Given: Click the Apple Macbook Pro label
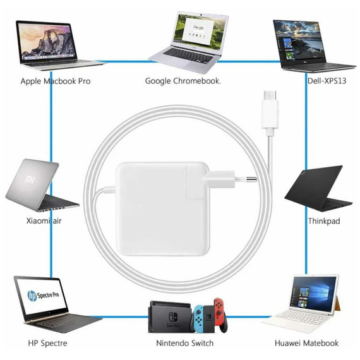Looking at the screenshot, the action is (56, 81).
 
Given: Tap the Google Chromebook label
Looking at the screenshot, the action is (183, 81).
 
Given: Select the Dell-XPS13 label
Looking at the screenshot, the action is (327, 81).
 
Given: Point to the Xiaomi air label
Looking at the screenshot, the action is (44, 221).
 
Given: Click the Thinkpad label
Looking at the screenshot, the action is (324, 221).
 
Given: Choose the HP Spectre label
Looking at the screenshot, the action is (48, 343).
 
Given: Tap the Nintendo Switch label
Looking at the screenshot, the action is (185, 343).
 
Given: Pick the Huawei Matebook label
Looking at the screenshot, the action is (306, 343).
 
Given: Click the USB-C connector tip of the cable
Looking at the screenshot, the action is (270, 96).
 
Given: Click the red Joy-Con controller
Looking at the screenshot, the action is (219, 312).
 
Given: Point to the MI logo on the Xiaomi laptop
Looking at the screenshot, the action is (30, 179).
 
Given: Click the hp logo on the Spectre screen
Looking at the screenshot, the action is (32, 296).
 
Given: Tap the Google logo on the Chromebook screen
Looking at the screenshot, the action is (198, 28).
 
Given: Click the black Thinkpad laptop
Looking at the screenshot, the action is (318, 188).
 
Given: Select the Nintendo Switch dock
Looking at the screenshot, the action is (170, 316).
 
